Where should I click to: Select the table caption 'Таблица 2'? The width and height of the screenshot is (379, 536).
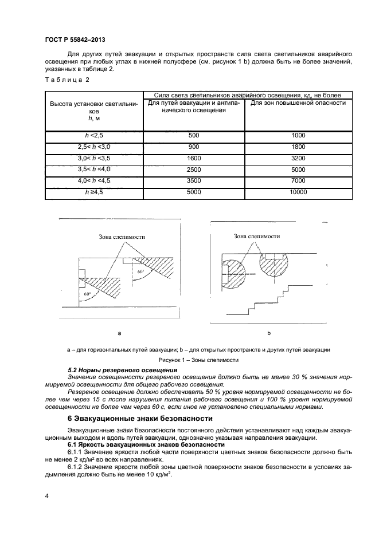64,80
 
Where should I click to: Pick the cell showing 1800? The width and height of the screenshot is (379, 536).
298,147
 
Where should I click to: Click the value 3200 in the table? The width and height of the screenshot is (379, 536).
298,158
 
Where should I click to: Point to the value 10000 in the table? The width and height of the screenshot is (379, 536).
298,192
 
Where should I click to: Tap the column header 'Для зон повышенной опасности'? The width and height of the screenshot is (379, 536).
298,103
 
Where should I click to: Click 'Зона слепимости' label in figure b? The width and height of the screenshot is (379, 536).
257,236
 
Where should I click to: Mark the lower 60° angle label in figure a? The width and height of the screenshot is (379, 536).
87,294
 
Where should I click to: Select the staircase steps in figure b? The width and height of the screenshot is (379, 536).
269,298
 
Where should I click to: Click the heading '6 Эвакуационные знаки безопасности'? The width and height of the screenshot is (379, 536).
140,418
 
